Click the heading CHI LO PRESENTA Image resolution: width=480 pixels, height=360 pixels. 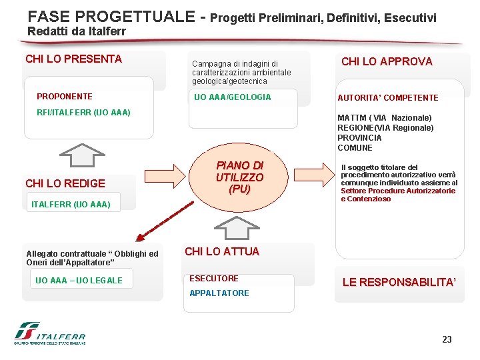coord(73,59)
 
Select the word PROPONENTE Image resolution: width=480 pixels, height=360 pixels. coord(65,97)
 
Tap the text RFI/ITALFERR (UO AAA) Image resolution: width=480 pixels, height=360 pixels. coord(83,112)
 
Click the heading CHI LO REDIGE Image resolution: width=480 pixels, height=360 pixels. coord(65,183)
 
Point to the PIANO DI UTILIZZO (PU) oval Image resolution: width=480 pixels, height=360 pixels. coord(239,177)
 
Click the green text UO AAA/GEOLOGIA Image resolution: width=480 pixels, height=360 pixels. coord(232,97)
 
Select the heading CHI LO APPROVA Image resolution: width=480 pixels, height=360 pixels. coord(387,62)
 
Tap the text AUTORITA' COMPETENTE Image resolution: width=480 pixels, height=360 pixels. coord(388,98)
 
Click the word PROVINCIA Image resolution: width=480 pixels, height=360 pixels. coord(359,138)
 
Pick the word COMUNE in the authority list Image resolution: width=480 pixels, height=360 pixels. coord(355,148)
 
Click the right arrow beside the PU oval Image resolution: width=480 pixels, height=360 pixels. coord(313,177)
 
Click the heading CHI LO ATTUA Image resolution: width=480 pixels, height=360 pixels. coord(222,252)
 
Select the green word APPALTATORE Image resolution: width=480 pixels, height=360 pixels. coord(219,293)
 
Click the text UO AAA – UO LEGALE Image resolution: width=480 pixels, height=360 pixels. coord(79,281)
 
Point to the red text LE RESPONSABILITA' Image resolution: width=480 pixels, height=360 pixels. coord(399,283)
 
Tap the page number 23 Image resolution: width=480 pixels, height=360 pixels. coord(447,340)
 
